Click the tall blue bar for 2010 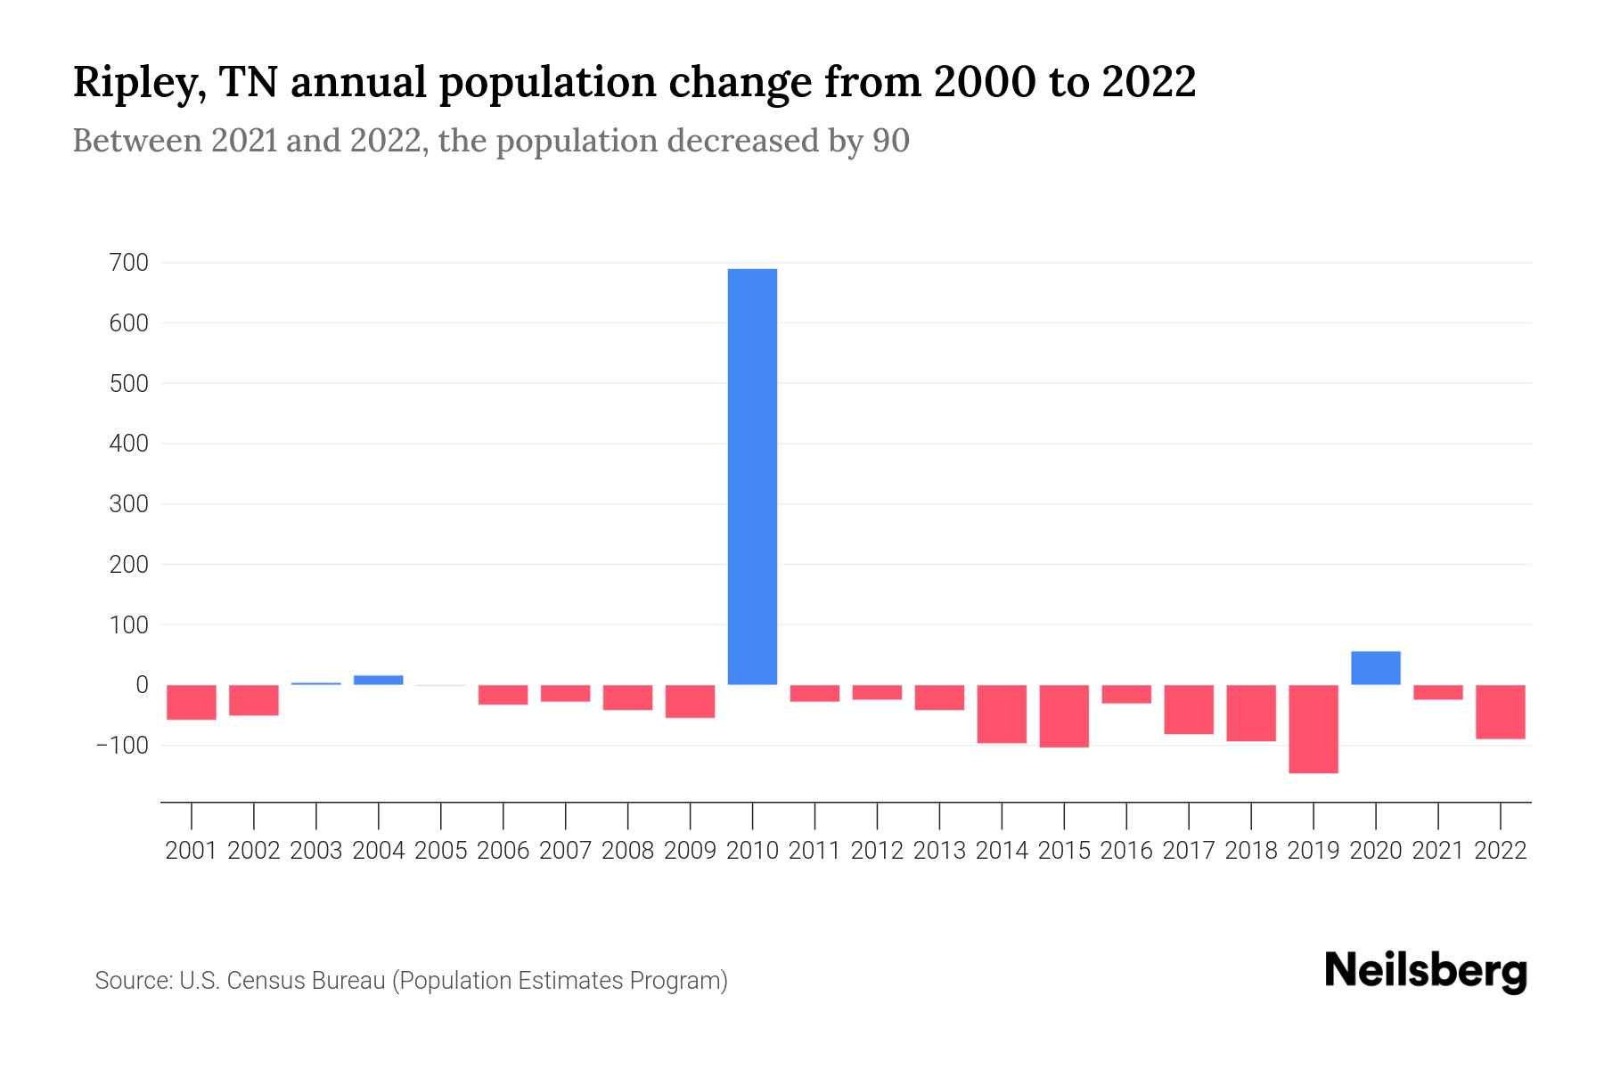coord(752,477)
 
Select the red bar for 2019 coord(1313,729)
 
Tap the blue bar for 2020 coord(1376,668)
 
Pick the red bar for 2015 coord(1064,716)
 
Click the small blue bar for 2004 coord(379,680)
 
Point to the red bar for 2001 coord(192,702)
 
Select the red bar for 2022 coord(1501,712)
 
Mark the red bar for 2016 coord(1126,695)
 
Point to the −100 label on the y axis coord(122,746)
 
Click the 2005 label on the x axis coord(441,851)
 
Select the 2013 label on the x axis coord(939,851)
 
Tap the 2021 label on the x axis coord(1438,851)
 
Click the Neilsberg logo coord(1426,971)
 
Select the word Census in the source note coord(262,981)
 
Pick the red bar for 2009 coord(691,701)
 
